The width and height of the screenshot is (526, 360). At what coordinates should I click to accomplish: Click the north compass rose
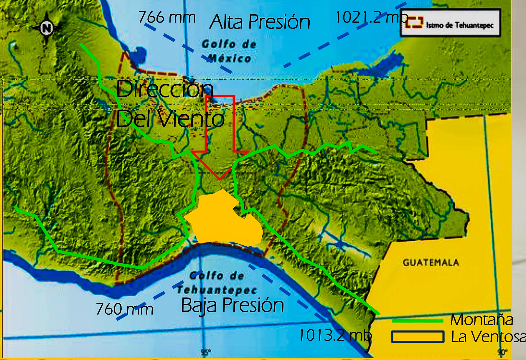(46, 28)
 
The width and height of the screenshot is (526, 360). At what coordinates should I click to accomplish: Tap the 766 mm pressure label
(167, 17)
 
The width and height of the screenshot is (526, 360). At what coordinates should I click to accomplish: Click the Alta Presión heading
(260, 22)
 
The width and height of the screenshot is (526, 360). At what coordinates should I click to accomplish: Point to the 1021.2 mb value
(371, 17)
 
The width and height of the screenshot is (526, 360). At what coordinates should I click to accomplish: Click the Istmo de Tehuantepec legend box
(450, 23)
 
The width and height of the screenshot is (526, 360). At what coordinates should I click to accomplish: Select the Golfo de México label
(229, 51)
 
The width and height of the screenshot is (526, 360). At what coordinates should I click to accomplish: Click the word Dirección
(164, 89)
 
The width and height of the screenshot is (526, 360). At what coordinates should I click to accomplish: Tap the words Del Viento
(170, 119)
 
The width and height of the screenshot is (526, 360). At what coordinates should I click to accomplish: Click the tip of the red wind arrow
(220, 179)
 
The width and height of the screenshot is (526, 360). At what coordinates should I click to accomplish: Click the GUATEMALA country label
(431, 262)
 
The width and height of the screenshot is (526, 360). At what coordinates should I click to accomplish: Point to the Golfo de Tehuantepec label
(217, 283)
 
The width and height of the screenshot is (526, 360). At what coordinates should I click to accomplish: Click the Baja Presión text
(232, 305)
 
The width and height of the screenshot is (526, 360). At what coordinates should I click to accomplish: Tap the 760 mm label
(124, 309)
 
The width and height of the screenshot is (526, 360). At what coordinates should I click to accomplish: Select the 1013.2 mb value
(335, 335)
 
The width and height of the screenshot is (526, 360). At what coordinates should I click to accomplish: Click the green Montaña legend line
(418, 321)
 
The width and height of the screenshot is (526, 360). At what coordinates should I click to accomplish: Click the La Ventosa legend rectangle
(418, 337)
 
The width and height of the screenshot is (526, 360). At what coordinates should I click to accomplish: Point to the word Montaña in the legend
(482, 320)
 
